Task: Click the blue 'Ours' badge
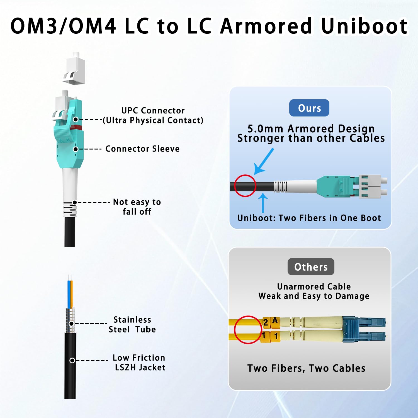(x=309, y=108)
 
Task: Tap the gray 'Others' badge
(x=311, y=267)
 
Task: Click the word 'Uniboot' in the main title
(x=364, y=26)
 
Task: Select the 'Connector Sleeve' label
(x=142, y=149)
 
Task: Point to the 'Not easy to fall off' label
(x=137, y=207)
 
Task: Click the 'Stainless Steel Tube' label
(x=132, y=324)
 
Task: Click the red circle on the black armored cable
(x=245, y=186)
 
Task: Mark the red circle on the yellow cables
(x=247, y=330)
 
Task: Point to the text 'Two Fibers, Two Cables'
(x=306, y=368)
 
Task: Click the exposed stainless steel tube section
(x=70, y=320)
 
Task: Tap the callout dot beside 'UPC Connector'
(x=76, y=119)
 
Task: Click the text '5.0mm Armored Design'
(x=311, y=128)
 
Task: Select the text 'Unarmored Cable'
(x=314, y=286)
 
